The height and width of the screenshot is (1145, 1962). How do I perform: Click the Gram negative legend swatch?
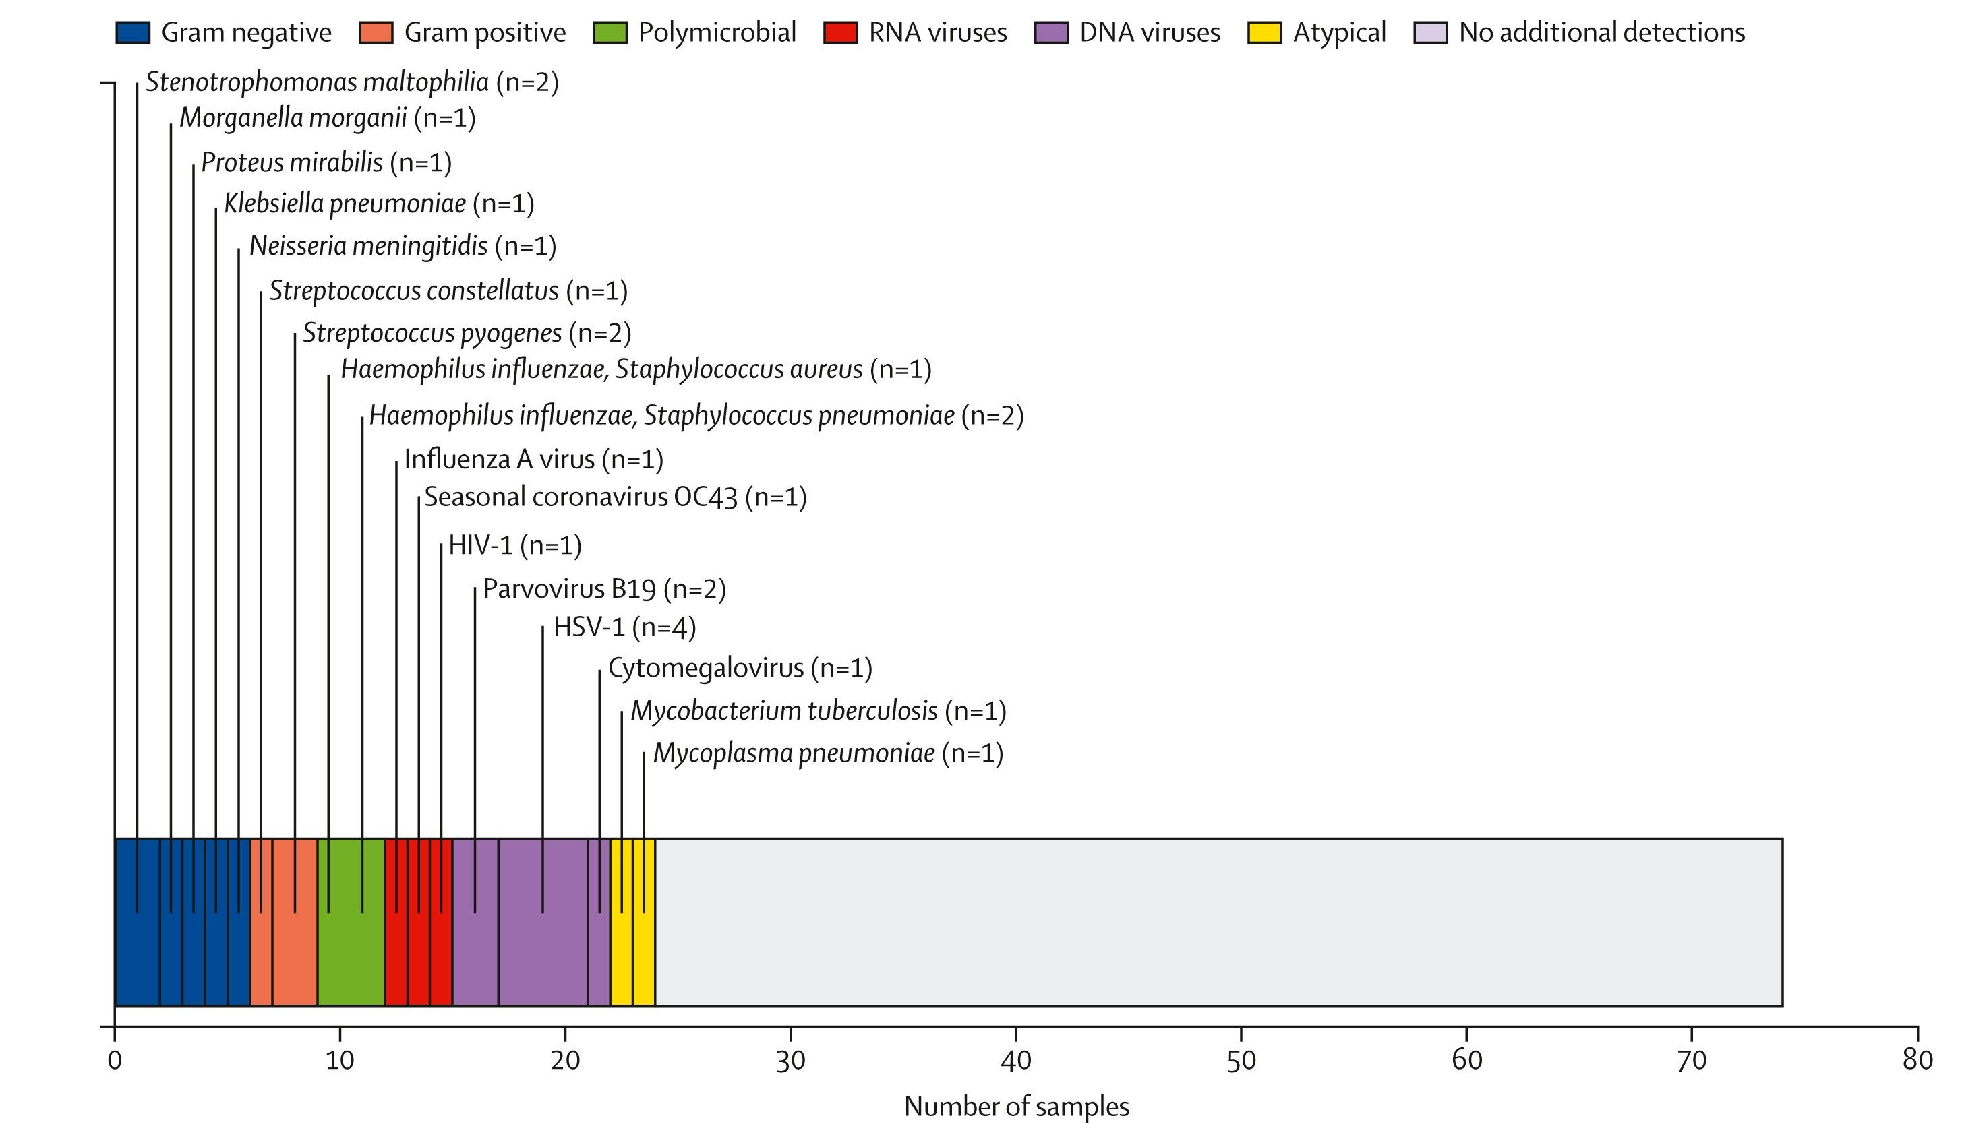tap(132, 33)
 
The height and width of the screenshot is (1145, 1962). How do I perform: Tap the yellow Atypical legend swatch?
tap(1264, 33)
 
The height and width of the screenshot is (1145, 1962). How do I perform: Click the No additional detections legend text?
tap(1601, 33)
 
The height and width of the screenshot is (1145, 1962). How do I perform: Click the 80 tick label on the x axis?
tap(1917, 1060)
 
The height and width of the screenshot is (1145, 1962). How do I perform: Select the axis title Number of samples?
tap(1016, 1106)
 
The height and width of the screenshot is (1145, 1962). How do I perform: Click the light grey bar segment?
tap(1218, 922)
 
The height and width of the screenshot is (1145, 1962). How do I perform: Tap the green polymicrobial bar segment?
tap(351, 922)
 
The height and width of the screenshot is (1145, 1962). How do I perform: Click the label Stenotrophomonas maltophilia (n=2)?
tap(352, 82)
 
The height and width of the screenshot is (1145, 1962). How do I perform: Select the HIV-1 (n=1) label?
tap(514, 545)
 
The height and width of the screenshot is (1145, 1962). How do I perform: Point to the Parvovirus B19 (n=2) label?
tap(604, 588)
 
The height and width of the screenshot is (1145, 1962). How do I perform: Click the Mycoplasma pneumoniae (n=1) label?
tap(828, 753)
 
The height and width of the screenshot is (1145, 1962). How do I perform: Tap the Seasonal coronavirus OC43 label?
tap(615, 497)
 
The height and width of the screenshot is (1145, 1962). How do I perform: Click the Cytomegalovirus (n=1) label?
tap(740, 668)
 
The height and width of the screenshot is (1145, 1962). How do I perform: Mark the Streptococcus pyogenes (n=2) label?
tap(467, 333)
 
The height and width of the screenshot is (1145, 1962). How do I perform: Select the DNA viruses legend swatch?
tap(1051, 33)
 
